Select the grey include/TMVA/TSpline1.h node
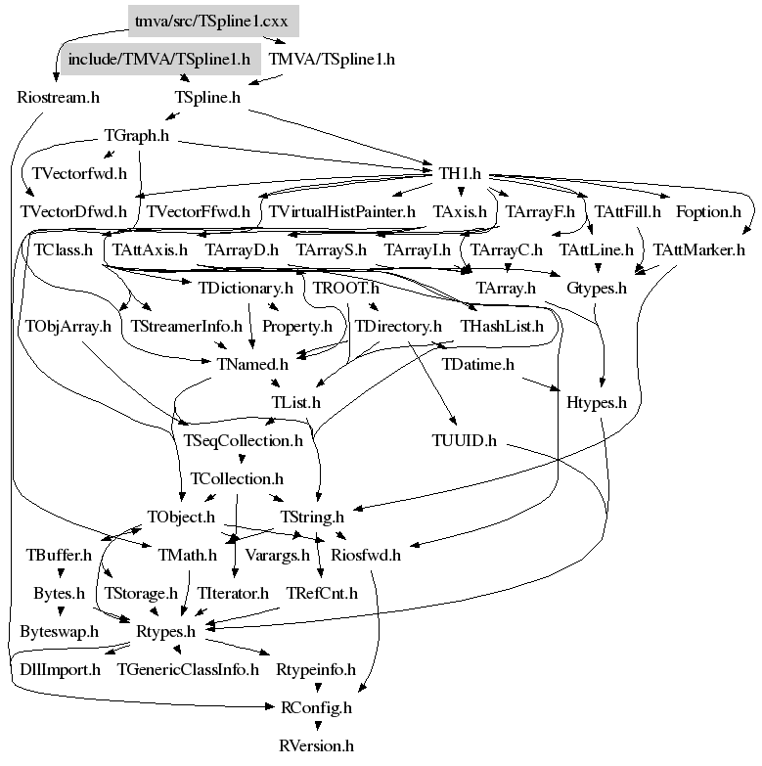(159, 59)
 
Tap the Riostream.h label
(59, 97)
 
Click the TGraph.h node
(137, 136)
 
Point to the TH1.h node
(460, 174)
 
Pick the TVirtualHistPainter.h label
(342, 211)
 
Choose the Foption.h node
(708, 211)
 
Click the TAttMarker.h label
(699, 249)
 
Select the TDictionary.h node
(245, 289)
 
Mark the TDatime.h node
(478, 364)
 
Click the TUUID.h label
(465, 440)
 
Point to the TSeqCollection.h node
(244, 440)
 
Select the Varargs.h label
(277, 556)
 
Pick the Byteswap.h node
(60, 631)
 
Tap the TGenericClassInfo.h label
(188, 669)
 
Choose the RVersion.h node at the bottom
(316, 745)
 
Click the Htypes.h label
(597, 401)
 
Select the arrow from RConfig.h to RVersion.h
(316, 725)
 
